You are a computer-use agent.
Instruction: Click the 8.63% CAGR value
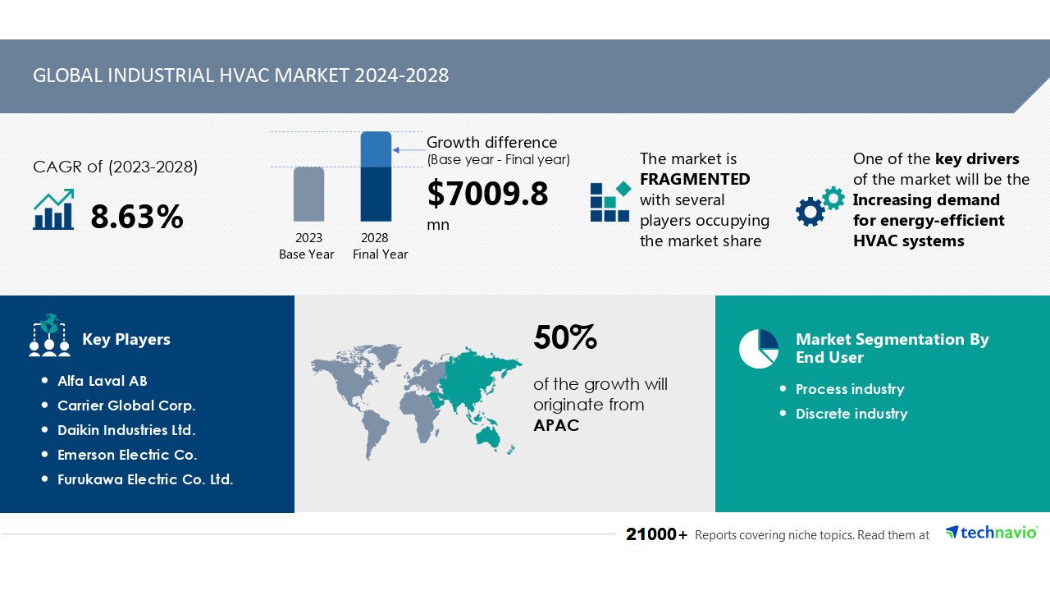tap(136, 217)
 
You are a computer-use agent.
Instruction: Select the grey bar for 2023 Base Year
tap(308, 195)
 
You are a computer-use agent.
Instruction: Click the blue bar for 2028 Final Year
tap(376, 176)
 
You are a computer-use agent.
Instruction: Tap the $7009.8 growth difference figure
tap(487, 195)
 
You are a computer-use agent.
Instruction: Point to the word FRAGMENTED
tap(695, 179)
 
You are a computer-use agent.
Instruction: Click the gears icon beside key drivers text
tap(819, 207)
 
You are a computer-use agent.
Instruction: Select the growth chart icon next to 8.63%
tap(54, 210)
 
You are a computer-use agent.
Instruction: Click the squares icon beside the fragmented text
tap(610, 202)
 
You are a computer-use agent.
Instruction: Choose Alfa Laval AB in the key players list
tap(103, 381)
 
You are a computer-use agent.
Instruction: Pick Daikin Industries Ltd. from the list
tap(126, 430)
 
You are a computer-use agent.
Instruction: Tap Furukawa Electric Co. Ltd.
tap(145, 479)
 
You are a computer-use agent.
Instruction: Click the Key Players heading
tap(126, 340)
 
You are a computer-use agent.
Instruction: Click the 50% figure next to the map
tap(565, 337)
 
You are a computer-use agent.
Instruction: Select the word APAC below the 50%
tap(556, 425)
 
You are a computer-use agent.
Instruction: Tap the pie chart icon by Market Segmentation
tap(758, 349)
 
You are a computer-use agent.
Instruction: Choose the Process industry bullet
tap(850, 389)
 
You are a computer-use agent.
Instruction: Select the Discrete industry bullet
tap(851, 414)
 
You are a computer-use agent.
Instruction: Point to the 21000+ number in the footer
tap(656, 535)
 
